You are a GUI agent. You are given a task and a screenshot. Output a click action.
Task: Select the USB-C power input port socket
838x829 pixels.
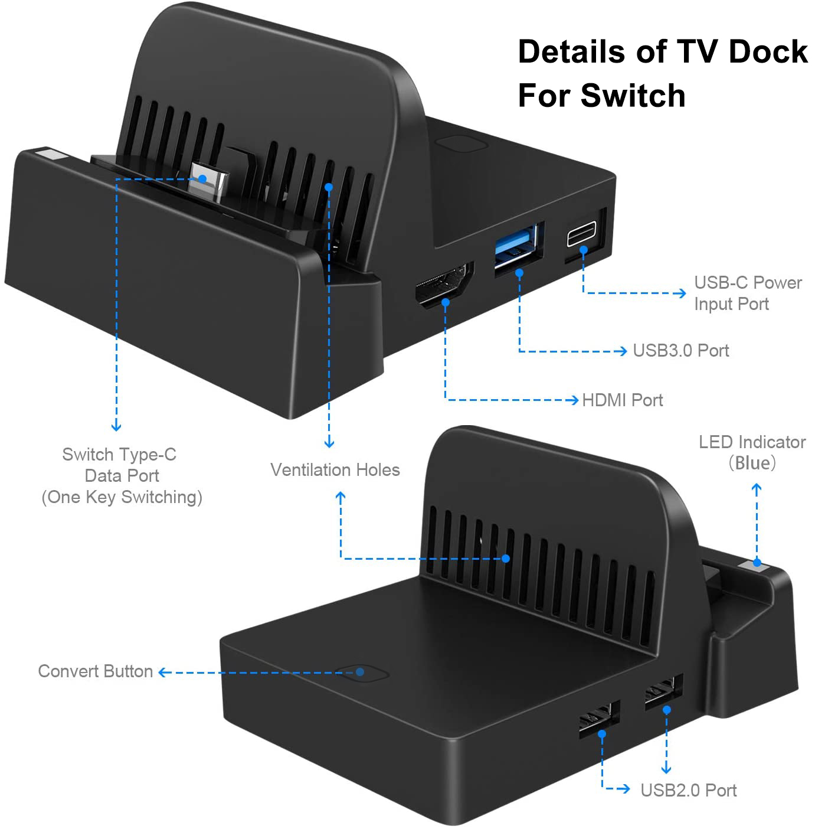point(582,234)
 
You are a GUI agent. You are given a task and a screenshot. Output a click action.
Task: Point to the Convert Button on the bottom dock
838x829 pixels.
point(361,673)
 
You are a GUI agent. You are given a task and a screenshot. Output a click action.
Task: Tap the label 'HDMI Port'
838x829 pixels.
point(623,400)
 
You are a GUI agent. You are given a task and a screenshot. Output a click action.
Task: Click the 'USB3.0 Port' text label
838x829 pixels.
point(681,351)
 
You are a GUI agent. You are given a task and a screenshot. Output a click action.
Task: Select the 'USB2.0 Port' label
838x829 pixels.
point(689,790)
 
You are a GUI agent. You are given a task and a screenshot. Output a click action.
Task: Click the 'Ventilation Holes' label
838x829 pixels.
point(335,470)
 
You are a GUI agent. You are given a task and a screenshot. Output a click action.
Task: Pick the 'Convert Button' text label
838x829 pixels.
point(96,671)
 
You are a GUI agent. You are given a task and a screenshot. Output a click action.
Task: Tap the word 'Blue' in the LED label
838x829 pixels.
point(752,463)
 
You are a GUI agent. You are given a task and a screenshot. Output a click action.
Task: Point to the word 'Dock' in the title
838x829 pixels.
point(768,51)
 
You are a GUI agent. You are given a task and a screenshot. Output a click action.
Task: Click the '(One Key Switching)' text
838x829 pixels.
point(122,497)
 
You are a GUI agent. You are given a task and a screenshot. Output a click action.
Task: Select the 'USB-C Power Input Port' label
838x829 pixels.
point(747,293)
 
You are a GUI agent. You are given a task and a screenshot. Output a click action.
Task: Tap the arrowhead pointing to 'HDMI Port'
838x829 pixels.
point(574,400)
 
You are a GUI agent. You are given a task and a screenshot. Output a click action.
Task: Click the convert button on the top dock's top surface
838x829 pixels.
point(461,144)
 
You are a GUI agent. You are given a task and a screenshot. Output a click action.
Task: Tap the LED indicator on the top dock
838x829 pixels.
point(51,156)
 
